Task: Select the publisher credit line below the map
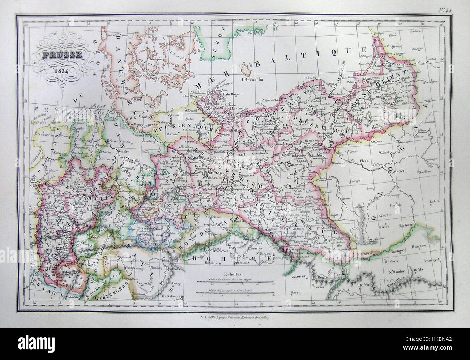(x=235, y=316)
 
